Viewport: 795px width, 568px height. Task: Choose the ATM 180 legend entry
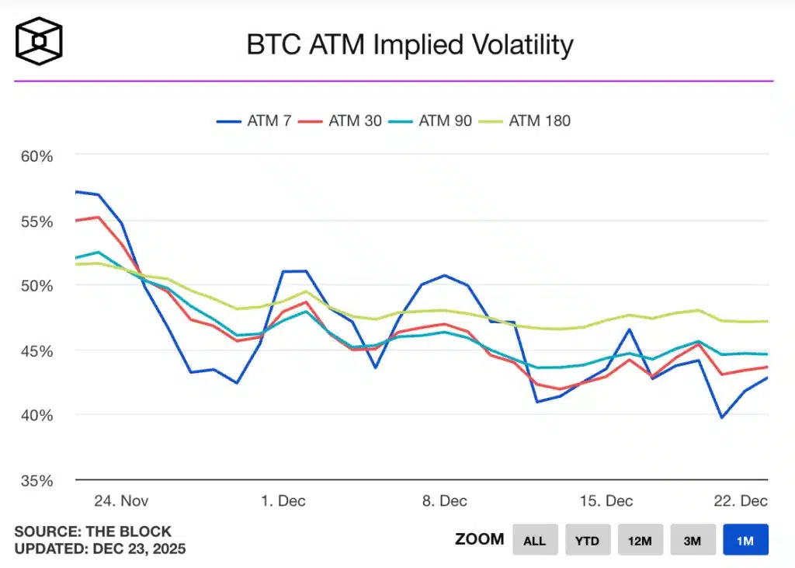[x=527, y=121]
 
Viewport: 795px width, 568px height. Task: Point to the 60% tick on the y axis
[x=36, y=156]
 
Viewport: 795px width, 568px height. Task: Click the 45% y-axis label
[x=36, y=350]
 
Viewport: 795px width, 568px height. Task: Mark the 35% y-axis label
[x=36, y=480]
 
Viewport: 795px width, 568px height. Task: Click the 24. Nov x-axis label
[x=121, y=500]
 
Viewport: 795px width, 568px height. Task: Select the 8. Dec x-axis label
[x=445, y=500]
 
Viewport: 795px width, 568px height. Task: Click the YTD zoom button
[x=588, y=540]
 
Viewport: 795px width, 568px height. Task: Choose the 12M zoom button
[x=640, y=540]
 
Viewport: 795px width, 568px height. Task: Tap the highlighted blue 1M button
[x=745, y=540]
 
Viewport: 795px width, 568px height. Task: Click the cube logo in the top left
[x=39, y=41]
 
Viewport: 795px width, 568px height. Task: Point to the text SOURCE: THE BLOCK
[x=92, y=532]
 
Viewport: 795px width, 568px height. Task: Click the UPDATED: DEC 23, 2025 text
[x=100, y=549]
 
